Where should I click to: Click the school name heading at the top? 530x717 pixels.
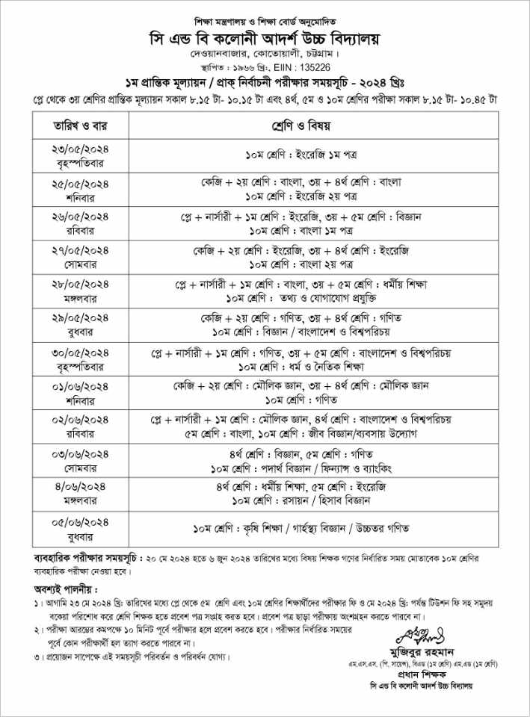point(265,37)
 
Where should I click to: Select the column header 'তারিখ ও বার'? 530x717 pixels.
point(80,124)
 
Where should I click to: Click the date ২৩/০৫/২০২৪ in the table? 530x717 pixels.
point(80,149)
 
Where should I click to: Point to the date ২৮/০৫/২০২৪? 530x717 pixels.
point(80,285)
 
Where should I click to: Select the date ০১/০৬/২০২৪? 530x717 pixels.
point(80,385)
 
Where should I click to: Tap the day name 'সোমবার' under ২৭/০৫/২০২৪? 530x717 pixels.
point(80,264)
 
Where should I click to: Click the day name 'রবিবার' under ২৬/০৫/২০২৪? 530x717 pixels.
point(80,230)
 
